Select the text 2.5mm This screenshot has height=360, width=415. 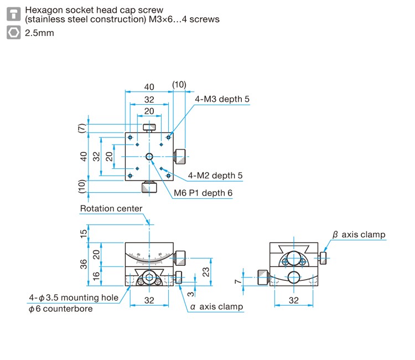(39, 33)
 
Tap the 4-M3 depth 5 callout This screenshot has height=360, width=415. (222, 99)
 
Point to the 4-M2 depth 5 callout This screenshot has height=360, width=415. (215, 176)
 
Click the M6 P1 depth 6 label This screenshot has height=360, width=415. (203, 193)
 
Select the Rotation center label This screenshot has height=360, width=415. (111, 209)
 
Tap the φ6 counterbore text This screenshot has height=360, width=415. (61, 308)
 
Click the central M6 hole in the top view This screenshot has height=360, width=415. (149, 157)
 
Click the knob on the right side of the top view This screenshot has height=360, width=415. (181, 157)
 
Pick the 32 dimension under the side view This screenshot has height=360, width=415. (293, 300)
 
